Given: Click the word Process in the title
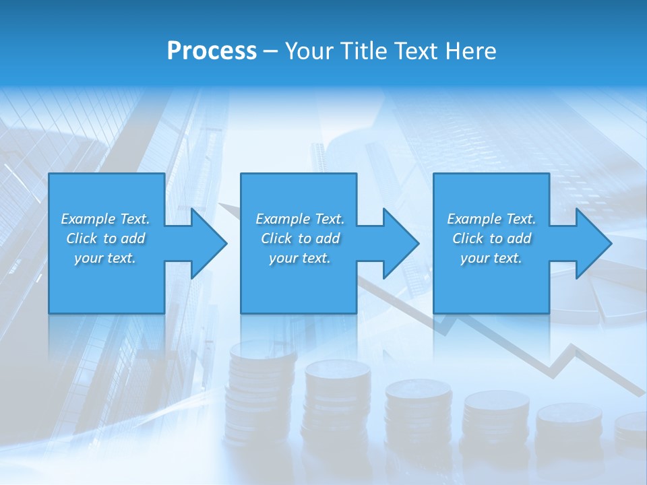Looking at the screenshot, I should coord(212,51).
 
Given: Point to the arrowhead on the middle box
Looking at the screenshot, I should coord(400,243).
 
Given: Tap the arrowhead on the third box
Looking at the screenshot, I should coord(592,243).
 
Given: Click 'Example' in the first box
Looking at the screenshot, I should coord(88,219).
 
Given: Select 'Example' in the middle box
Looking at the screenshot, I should coord(283,219).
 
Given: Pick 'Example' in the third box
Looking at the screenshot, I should coord(474,219).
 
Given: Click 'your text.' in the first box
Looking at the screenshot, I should coord(105,258).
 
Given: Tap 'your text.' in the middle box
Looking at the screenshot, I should coord(299,258).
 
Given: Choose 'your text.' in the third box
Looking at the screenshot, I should coord(491,258).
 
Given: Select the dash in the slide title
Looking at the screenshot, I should coord(271,51).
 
